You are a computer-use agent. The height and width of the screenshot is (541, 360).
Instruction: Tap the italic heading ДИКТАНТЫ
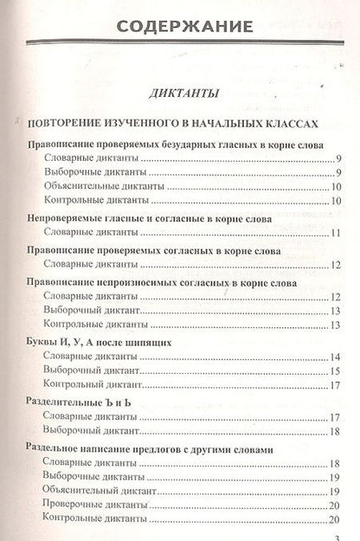(x=180, y=93)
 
